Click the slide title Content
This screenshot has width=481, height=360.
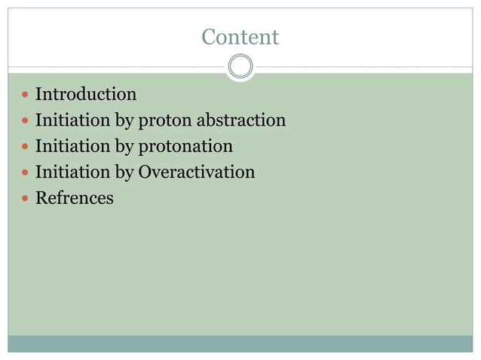point(240,37)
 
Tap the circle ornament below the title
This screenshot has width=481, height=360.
point(240,66)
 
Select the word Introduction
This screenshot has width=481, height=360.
point(86,95)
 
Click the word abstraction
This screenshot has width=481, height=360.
point(240,121)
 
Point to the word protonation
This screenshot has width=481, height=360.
point(185,146)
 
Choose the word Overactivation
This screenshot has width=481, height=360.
point(196,172)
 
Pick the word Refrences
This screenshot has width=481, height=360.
point(75,199)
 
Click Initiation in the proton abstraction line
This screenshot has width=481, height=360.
point(72,121)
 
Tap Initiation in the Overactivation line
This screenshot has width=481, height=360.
point(72,172)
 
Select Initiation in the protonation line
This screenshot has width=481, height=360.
point(72,146)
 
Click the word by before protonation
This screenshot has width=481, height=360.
point(124,147)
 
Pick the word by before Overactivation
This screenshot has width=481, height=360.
point(124,173)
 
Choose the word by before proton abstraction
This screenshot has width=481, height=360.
point(124,121)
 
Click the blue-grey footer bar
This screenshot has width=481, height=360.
point(240,343)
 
